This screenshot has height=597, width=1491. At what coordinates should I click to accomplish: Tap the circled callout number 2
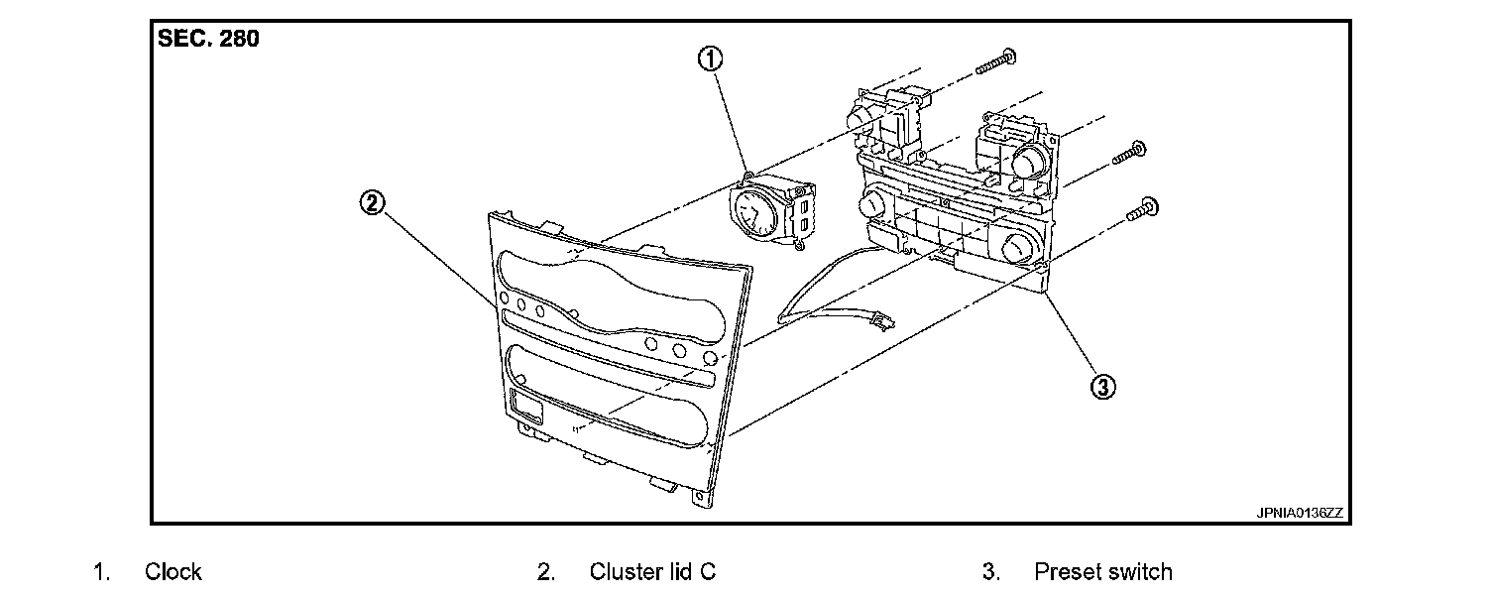(x=372, y=204)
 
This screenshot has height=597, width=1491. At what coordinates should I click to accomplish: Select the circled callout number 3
(x=1102, y=385)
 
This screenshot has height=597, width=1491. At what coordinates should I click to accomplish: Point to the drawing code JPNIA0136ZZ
(x=1300, y=513)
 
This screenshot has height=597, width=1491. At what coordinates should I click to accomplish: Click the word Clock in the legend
(x=172, y=572)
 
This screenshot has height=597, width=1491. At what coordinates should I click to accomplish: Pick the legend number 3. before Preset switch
(x=989, y=572)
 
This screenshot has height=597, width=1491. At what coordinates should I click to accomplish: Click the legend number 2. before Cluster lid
(x=545, y=572)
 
